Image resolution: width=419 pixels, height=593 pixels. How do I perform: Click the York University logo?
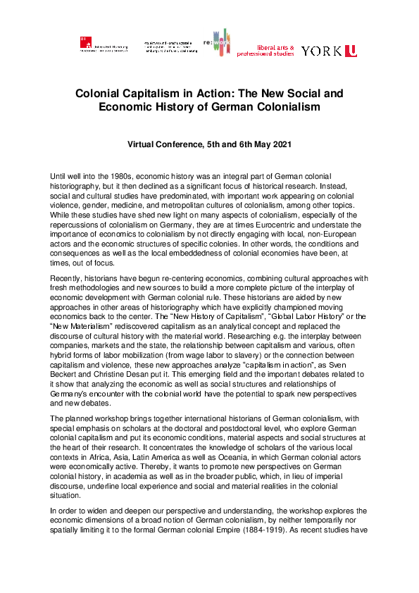(x=329, y=51)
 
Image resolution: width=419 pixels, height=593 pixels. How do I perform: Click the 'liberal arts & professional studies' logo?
(x=265, y=49)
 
